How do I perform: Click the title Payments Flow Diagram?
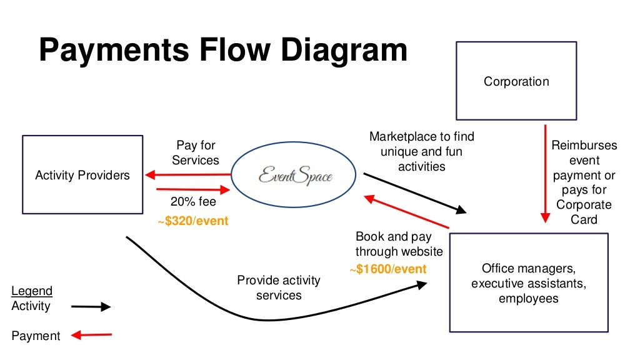point(222,50)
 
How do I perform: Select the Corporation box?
point(516,81)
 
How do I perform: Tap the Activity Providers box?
point(82,175)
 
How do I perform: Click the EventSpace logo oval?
point(294,176)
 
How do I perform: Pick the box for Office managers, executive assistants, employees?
point(528,282)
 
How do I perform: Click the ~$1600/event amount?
point(387,269)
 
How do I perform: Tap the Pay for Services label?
point(196,152)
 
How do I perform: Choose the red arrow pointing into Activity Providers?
point(187,174)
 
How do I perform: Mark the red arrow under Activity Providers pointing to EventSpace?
point(194,190)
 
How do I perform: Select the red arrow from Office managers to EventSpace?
point(406,212)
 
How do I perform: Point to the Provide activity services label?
point(278,287)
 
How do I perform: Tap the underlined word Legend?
point(32,291)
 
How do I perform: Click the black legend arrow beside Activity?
point(91,307)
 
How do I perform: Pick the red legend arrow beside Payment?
point(91,336)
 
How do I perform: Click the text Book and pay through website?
point(399,244)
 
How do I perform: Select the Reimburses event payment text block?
point(584,182)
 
